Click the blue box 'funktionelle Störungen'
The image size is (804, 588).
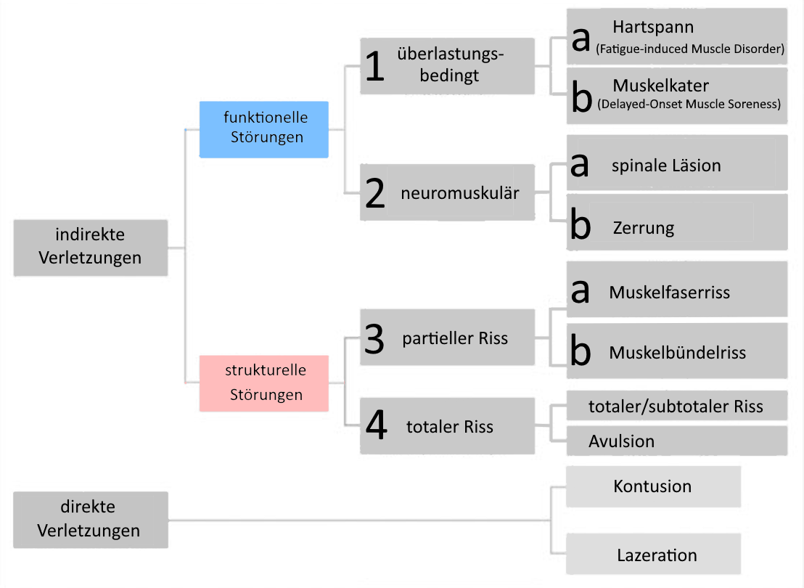[263, 129]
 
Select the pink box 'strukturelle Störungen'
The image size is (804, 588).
[263, 383]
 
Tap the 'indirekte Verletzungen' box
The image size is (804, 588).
[90, 248]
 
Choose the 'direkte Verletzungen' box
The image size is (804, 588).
[90, 520]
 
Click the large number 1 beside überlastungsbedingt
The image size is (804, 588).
[375, 67]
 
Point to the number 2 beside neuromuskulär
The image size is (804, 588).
[375, 193]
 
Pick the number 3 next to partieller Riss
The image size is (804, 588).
[374, 338]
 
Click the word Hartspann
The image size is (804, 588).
[653, 27]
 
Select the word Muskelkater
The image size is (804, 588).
[661, 85]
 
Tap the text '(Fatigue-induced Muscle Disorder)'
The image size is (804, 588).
[690, 49]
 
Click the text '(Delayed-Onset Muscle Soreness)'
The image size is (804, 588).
[689, 104]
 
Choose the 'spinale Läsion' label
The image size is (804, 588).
[666, 166]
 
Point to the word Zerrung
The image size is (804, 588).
[644, 228]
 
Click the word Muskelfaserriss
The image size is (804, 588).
[670, 293]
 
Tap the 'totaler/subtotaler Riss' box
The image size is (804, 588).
[677, 406]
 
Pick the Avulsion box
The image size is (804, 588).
[677, 441]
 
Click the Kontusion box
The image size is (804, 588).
[653, 486]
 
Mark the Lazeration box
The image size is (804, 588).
[653, 554]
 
